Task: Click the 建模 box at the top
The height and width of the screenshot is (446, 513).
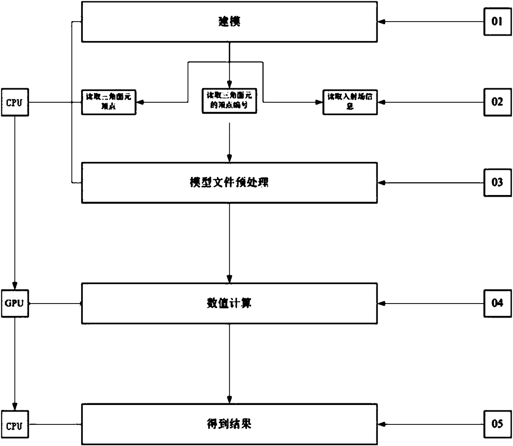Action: coord(229,22)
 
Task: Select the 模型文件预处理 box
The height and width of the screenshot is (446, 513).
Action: coord(229,183)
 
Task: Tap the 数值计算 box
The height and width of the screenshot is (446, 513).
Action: coord(229,304)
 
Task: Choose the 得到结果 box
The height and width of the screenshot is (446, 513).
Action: coord(229,424)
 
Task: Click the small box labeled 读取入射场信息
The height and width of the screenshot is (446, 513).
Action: coord(350,102)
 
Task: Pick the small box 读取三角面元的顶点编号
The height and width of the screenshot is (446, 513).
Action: coord(229,101)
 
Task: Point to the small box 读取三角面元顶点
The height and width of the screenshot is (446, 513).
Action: coord(108,102)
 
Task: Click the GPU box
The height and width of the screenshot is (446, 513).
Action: coord(15,304)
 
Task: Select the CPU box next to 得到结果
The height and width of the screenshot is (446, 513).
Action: coord(15,425)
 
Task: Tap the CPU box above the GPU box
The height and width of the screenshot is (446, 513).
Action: coord(15,102)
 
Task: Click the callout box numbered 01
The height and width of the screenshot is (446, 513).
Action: coord(497,22)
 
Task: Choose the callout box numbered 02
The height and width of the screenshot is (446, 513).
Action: coord(497,102)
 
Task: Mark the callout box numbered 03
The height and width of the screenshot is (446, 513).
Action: coord(497,183)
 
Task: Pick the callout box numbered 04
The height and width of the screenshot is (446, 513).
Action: coord(497,304)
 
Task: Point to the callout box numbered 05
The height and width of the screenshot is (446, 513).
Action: coord(497,424)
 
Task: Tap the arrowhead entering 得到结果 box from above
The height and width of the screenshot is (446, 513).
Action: coord(229,400)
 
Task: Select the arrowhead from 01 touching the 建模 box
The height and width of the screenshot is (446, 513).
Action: coord(381,22)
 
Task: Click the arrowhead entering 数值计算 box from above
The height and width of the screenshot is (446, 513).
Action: coord(229,279)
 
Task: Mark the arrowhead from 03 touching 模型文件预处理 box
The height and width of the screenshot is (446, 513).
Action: coord(381,183)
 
